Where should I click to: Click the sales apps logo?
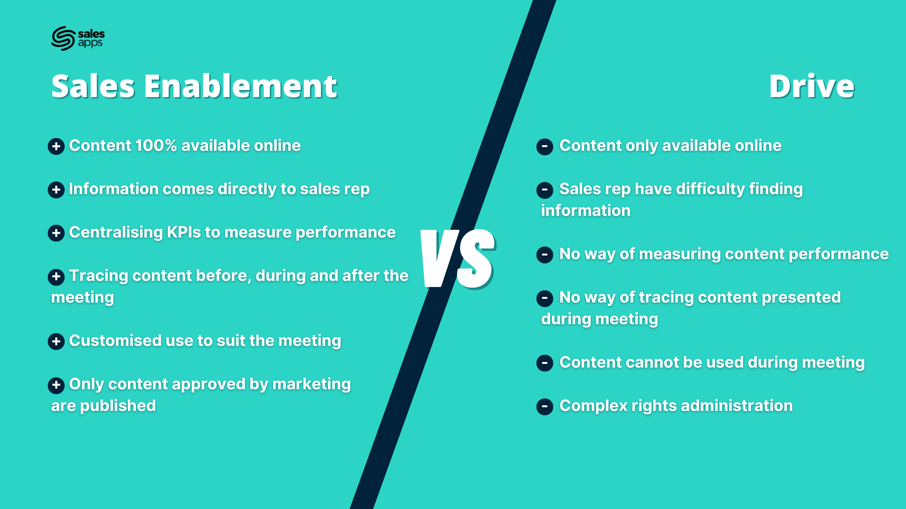click(x=78, y=38)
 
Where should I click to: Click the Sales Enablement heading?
click(x=194, y=86)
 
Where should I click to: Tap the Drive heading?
click(x=812, y=86)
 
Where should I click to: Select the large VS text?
click(x=458, y=258)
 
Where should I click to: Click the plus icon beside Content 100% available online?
click(x=56, y=147)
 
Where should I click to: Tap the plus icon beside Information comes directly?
click(x=56, y=190)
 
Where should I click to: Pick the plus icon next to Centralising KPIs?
click(x=56, y=233)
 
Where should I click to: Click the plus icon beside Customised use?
click(x=56, y=342)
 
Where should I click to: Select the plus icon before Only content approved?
click(x=56, y=385)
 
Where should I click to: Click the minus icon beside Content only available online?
click(x=545, y=147)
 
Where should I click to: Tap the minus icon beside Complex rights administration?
click(x=545, y=407)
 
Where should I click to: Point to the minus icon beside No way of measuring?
click(x=545, y=255)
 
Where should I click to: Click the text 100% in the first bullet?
click(x=156, y=146)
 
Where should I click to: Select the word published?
click(x=118, y=406)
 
